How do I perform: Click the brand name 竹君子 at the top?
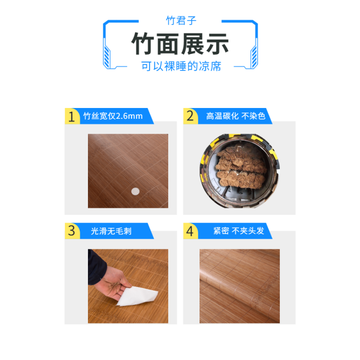[181, 21]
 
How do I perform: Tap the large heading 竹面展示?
[180, 44]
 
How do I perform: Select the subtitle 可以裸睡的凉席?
[181, 66]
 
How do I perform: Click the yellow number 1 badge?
[72, 116]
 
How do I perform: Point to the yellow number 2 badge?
[190, 116]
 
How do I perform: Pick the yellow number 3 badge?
[72, 231]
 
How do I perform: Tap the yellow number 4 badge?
[190, 231]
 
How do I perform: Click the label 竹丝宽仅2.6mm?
[113, 116]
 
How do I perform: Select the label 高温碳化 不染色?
[236, 116]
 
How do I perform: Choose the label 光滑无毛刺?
[111, 231]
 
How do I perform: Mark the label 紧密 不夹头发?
[239, 231]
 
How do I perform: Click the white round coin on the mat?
[135, 191]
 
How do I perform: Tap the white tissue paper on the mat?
[138, 296]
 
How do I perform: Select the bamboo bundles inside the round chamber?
[241, 168]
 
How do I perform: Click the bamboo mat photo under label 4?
[240, 286]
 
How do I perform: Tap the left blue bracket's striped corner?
[107, 56]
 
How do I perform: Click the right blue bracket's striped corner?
[254, 56]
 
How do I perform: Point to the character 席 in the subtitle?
[215, 66]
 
